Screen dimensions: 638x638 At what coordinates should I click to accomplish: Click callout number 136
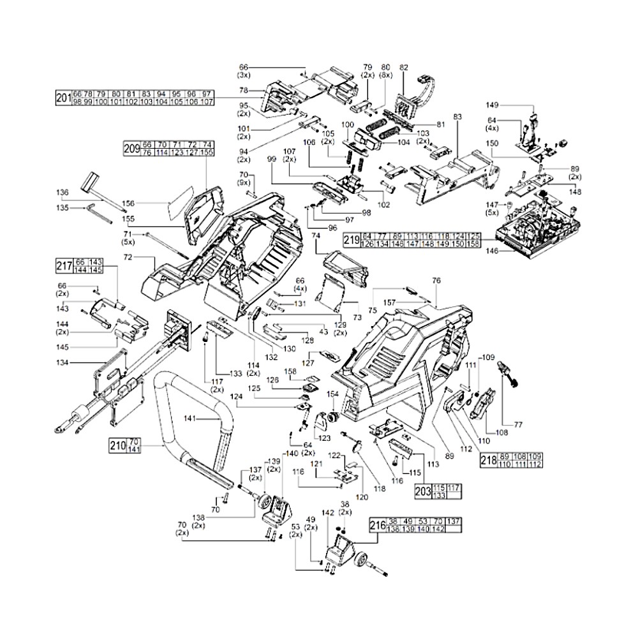(62, 192)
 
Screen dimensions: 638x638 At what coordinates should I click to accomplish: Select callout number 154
(332, 396)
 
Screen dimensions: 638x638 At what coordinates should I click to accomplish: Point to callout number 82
(403, 66)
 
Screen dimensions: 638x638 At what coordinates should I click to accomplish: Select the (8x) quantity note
(385, 75)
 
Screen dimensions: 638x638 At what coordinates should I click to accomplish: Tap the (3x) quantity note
(243, 75)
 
